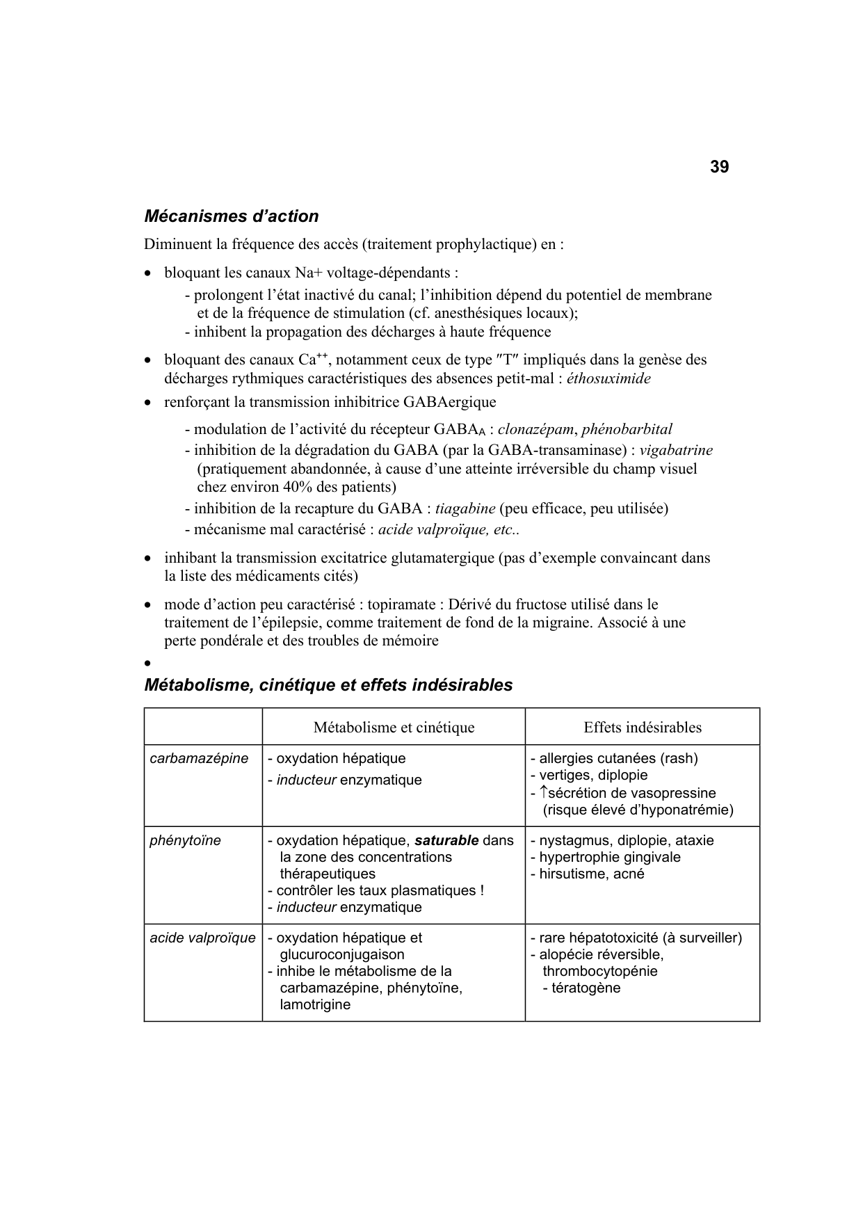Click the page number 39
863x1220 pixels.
(x=719, y=168)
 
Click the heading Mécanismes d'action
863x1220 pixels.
(x=231, y=216)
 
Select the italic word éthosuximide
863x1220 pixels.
(x=608, y=379)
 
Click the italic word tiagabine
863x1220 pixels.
(x=465, y=508)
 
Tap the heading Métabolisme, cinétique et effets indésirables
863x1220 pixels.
(x=328, y=685)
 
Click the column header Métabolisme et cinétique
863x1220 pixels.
(x=394, y=728)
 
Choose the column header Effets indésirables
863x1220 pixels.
(x=642, y=728)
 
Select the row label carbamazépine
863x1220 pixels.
(x=199, y=759)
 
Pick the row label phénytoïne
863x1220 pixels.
(x=185, y=841)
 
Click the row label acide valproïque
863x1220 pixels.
(x=202, y=938)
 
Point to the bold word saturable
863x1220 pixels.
(x=446, y=841)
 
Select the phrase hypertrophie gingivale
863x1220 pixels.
(x=610, y=858)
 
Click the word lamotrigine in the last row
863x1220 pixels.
(x=314, y=1005)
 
